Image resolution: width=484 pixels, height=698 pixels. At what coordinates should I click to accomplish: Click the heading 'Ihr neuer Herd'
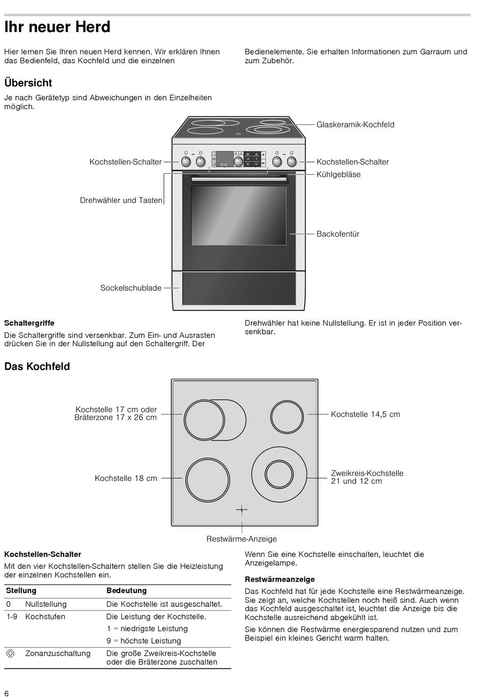[57, 27]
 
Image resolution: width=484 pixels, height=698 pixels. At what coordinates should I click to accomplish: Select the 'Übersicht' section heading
[28, 83]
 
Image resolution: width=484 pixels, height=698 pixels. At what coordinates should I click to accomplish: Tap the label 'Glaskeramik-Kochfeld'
[355, 125]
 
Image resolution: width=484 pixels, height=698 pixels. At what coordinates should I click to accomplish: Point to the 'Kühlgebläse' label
[338, 175]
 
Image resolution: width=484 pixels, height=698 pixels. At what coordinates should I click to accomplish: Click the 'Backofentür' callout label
[338, 234]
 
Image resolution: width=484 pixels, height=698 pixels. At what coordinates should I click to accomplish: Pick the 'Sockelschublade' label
[131, 288]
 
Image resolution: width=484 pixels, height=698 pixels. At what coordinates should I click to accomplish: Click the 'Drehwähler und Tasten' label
[121, 200]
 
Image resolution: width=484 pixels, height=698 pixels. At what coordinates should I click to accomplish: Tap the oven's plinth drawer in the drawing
[239, 288]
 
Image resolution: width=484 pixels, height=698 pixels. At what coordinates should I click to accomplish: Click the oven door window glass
[238, 215]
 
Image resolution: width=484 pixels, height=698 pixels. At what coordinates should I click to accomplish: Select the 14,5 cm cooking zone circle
[288, 416]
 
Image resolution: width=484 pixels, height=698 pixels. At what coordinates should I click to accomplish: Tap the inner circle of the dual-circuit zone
[279, 474]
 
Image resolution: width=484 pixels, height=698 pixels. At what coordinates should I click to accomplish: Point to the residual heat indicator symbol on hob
[241, 509]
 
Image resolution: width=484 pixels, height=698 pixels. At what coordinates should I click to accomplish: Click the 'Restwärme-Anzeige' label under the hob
[241, 539]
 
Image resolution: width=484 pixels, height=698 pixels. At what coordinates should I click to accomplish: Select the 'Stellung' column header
[21, 590]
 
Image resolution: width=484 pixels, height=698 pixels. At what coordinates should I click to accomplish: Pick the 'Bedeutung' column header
[126, 590]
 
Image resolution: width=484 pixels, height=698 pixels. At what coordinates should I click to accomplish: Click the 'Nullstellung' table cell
[46, 604]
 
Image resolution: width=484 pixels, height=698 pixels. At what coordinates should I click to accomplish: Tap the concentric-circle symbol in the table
[10, 654]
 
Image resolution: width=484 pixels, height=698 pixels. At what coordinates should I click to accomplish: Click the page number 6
[7, 693]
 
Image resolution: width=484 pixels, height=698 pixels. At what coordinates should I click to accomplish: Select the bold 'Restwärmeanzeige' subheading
[280, 579]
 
